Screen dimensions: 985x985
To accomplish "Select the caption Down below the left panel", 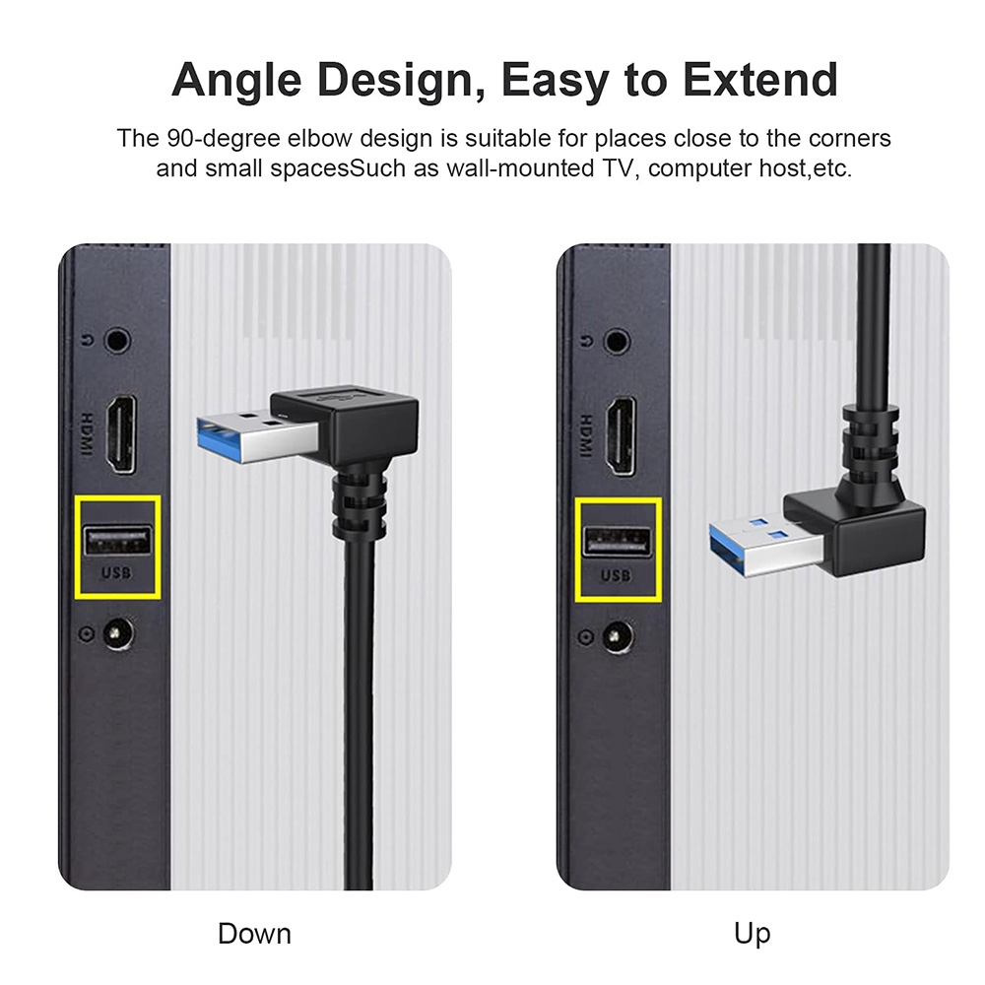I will pos(254,933).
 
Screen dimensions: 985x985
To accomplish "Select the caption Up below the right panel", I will pos(752,933).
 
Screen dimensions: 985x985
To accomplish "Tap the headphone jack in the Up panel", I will pos(617,341).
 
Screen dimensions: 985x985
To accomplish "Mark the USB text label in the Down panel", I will pos(117,574).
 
